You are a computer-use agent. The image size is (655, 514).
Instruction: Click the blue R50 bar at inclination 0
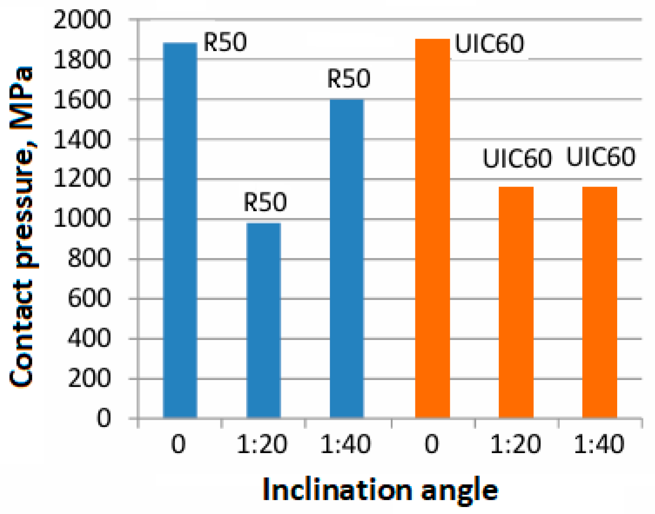[x=180, y=230]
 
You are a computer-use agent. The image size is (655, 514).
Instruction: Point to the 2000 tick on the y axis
[x=82, y=20]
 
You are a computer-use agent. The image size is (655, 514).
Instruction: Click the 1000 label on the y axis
[x=82, y=219]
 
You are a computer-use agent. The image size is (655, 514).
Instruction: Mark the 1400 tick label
[x=82, y=140]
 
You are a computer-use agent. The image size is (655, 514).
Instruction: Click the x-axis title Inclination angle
[x=380, y=491]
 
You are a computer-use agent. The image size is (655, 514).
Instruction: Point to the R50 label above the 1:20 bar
[x=265, y=202]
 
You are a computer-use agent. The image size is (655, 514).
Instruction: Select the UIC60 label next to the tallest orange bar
[x=489, y=44]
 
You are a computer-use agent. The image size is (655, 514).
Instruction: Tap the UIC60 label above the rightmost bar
[x=601, y=157]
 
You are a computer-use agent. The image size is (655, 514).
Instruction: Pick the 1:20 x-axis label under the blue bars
[x=262, y=445]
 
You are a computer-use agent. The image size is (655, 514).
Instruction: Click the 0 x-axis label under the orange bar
[x=432, y=445]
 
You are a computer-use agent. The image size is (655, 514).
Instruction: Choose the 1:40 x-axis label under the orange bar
[x=599, y=445]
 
